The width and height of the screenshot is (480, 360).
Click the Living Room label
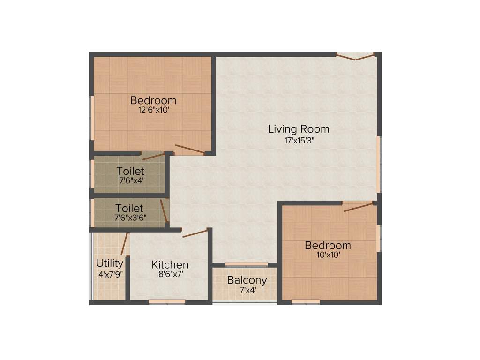click(x=299, y=129)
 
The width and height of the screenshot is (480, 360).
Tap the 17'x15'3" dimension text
click(x=291, y=140)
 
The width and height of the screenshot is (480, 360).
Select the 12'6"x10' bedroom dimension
click(x=153, y=110)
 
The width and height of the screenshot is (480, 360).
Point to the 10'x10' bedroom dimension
click(x=328, y=255)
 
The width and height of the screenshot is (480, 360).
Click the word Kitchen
click(x=170, y=265)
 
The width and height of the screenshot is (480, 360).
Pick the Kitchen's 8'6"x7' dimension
click(x=170, y=275)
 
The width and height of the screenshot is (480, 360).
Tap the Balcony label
click(x=247, y=280)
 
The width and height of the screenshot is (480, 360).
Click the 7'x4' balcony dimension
click(x=247, y=290)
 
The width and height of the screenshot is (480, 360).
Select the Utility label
click(x=110, y=263)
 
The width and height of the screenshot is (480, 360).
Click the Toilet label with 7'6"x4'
click(x=130, y=171)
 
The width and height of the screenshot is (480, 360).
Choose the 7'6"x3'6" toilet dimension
click(x=130, y=218)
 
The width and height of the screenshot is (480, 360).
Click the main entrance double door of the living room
click(x=355, y=56)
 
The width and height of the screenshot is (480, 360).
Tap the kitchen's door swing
click(x=195, y=233)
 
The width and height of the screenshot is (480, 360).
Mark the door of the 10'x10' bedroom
click(x=358, y=207)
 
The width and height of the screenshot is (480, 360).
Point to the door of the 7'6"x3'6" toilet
click(x=164, y=211)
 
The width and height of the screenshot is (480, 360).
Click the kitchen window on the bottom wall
click(x=167, y=302)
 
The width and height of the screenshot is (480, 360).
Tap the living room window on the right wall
click(x=378, y=164)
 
